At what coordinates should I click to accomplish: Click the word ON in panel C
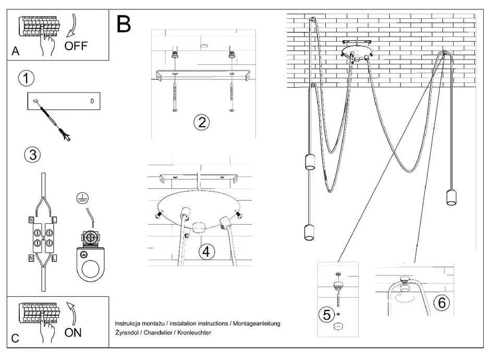click(x=73, y=332)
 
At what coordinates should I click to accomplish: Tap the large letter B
click(x=124, y=24)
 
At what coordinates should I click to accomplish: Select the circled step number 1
click(x=26, y=79)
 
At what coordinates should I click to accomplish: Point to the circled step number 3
click(x=32, y=154)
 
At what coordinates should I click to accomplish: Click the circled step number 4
click(x=206, y=251)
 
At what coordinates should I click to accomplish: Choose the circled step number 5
click(x=327, y=315)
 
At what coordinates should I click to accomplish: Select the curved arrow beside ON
click(x=71, y=311)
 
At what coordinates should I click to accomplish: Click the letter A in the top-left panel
click(x=15, y=51)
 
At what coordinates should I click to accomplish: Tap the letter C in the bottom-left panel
click(x=15, y=338)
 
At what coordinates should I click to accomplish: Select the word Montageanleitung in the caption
click(x=255, y=323)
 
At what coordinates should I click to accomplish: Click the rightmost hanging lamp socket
click(x=451, y=197)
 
